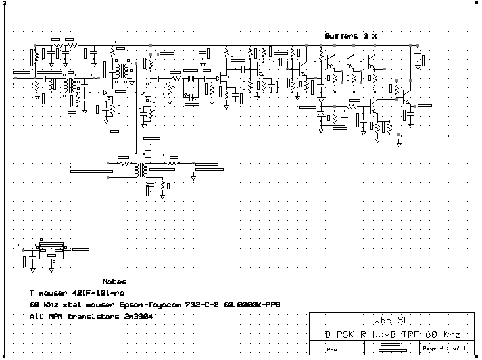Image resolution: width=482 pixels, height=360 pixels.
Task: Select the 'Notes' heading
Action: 114,281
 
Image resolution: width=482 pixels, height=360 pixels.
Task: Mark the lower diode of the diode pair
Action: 321,114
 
